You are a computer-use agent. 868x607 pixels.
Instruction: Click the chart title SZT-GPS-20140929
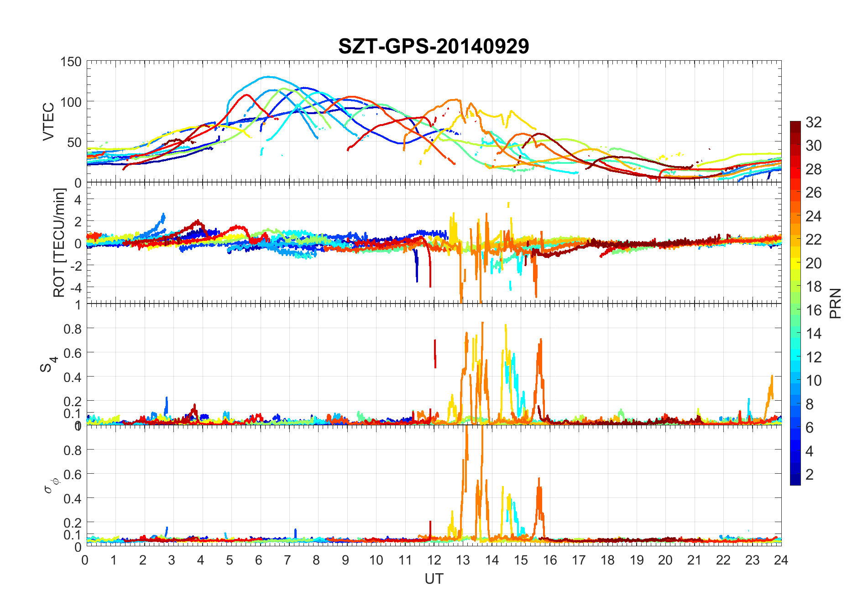434,46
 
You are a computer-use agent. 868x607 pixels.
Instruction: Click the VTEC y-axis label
48,121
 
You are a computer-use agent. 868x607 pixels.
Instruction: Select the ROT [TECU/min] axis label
59,243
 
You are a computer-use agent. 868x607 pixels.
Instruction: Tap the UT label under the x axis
434,579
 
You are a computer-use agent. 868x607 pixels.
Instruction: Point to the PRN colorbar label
835,303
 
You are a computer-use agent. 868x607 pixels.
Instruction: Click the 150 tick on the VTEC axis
71,62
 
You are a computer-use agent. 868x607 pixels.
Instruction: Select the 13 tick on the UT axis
462,560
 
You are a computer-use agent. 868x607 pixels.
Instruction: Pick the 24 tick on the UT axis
781,560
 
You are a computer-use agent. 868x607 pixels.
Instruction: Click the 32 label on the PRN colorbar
814,122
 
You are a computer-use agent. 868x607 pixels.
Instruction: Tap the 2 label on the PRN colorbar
810,475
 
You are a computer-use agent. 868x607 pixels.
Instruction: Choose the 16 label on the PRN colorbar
814,310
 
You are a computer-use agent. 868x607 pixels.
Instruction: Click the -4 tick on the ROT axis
74,287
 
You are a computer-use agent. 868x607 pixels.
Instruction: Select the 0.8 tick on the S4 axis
72,329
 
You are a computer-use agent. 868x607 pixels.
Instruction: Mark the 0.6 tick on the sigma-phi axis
72,474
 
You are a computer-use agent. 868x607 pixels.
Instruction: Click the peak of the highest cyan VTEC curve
268,77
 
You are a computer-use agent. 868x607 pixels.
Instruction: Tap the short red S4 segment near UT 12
435,353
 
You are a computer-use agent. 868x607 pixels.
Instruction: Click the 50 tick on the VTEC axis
74,142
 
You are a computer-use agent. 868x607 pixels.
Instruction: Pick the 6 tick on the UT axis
259,560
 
